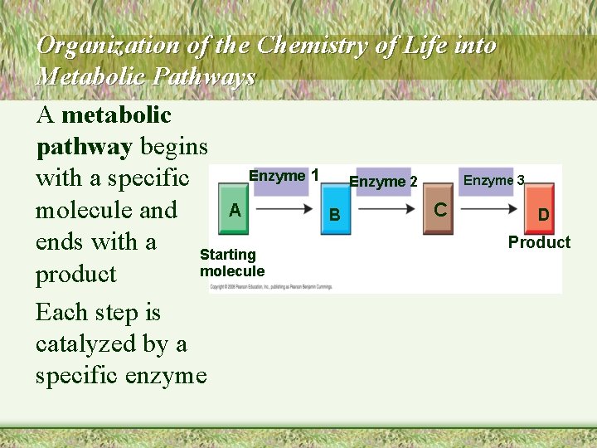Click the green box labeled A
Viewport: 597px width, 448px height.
(235, 211)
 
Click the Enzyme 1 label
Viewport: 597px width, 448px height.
(284, 176)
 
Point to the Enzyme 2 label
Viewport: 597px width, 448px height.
(383, 182)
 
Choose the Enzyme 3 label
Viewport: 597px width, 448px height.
(493, 180)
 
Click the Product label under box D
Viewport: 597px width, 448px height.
(539, 242)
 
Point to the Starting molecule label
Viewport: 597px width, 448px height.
(231, 263)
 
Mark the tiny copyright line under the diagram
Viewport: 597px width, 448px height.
(271, 287)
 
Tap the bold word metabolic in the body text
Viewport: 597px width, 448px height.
(116, 114)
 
